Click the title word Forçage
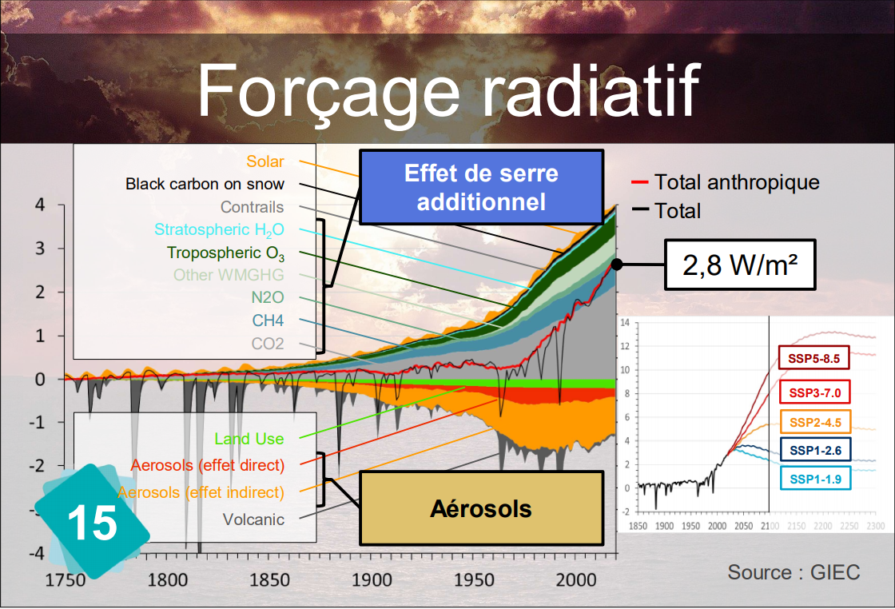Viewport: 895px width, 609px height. click(x=328, y=91)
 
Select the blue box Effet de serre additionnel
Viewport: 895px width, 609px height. click(x=481, y=187)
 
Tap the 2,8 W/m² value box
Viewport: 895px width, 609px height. click(x=740, y=265)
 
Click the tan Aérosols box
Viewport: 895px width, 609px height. click(x=481, y=508)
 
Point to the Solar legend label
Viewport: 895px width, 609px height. click(x=265, y=161)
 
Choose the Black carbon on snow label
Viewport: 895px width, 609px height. click(x=205, y=184)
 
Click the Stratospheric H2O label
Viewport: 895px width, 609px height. click(x=219, y=230)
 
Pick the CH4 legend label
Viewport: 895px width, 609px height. click(x=268, y=320)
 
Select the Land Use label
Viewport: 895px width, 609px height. click(x=249, y=439)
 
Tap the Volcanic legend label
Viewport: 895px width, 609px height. click(x=253, y=519)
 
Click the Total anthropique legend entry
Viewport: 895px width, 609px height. click(x=726, y=182)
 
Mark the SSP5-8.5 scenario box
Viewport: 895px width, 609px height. click(x=814, y=358)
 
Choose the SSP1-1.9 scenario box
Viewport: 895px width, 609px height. click(x=815, y=479)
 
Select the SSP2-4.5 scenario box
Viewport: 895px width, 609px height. click(x=815, y=422)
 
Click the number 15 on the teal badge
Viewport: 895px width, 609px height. click(x=92, y=522)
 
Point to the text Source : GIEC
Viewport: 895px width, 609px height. click(x=794, y=572)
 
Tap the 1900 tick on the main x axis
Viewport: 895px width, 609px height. click(x=372, y=580)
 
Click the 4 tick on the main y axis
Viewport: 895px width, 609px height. click(x=39, y=205)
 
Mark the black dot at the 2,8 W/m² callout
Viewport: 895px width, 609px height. click(x=616, y=265)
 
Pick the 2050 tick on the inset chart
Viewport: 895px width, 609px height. click(x=743, y=526)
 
